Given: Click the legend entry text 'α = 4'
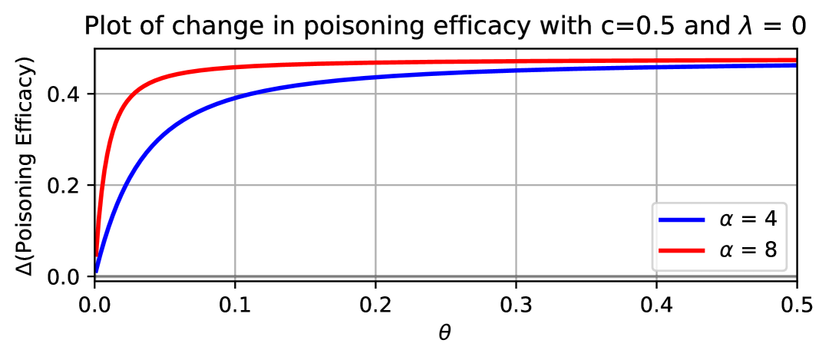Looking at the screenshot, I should pos(748,220).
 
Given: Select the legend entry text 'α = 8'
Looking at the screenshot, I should pos(748,249).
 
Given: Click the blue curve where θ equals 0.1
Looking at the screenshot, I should pos(235,98).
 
